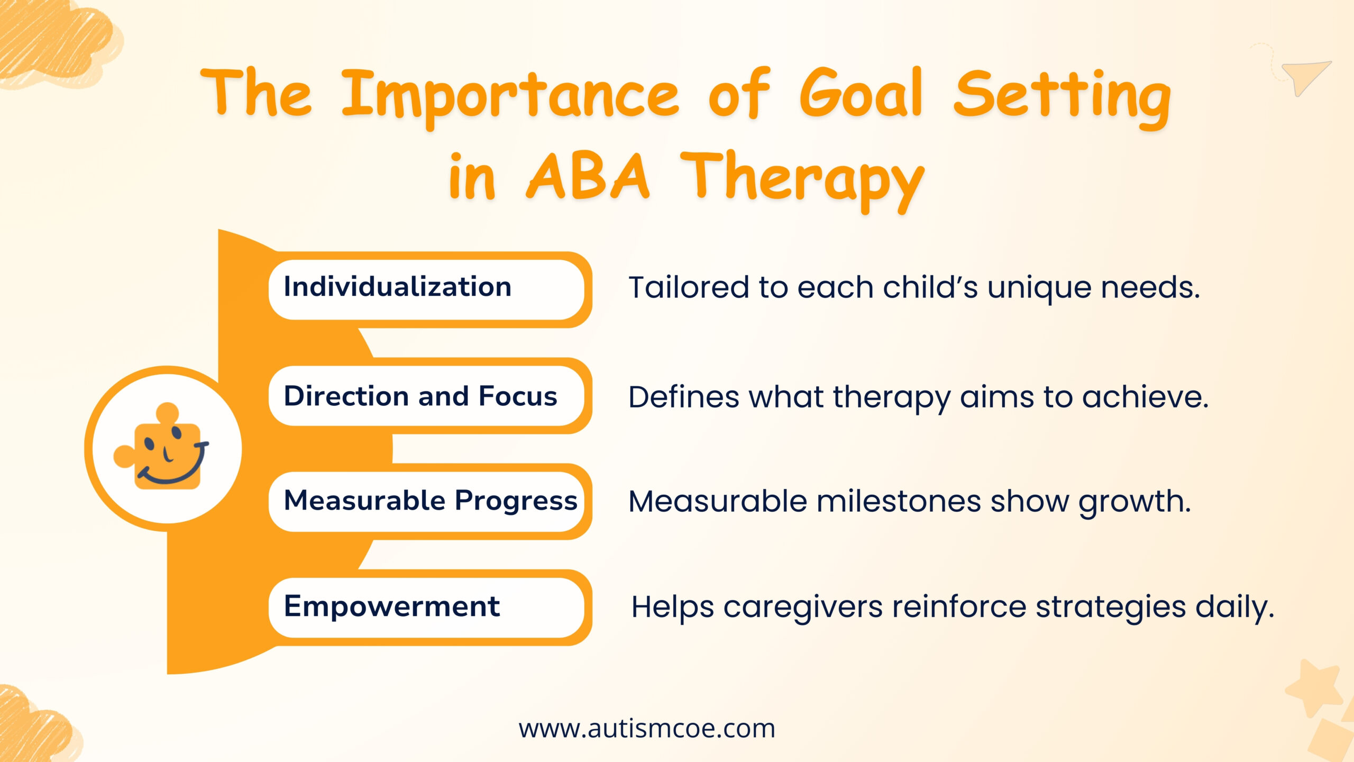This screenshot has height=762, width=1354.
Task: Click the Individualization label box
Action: click(x=426, y=289)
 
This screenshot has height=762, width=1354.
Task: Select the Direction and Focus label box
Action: click(x=426, y=396)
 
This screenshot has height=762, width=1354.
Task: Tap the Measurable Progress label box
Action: click(x=426, y=502)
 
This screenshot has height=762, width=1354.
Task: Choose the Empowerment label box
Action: click(x=426, y=607)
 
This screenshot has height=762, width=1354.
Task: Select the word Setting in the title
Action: click(x=1062, y=98)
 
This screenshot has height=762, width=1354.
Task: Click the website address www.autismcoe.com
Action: click(x=647, y=729)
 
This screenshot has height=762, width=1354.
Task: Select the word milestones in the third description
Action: click(x=899, y=501)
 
